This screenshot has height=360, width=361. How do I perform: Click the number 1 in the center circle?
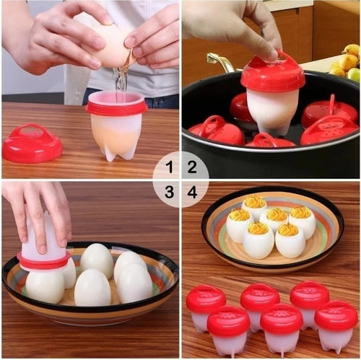[169, 168]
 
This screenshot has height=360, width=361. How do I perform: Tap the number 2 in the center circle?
[192, 168]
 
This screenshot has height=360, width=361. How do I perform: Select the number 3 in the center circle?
[169, 192]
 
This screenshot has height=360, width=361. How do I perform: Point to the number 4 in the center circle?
[192, 192]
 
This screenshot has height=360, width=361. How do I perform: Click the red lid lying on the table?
[32, 143]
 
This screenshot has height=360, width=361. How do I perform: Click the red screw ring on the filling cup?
[116, 107]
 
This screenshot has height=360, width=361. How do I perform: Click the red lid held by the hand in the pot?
[272, 74]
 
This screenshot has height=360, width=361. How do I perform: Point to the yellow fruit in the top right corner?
[352, 51]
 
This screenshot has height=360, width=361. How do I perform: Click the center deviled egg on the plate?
[277, 219]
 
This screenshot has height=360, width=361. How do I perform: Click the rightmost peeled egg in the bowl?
[135, 283]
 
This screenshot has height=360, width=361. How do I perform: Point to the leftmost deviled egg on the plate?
[238, 224]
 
